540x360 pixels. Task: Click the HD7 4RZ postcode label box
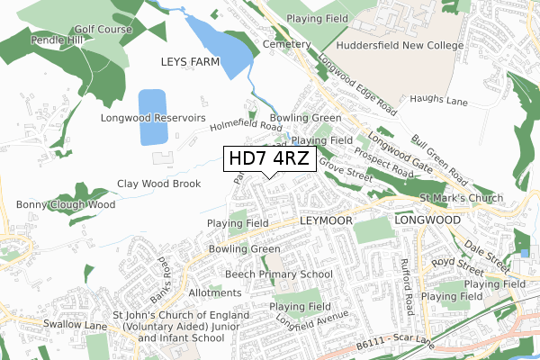[269, 159]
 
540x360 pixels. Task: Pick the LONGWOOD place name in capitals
[427, 219]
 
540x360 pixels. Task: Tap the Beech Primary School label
[278, 274]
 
